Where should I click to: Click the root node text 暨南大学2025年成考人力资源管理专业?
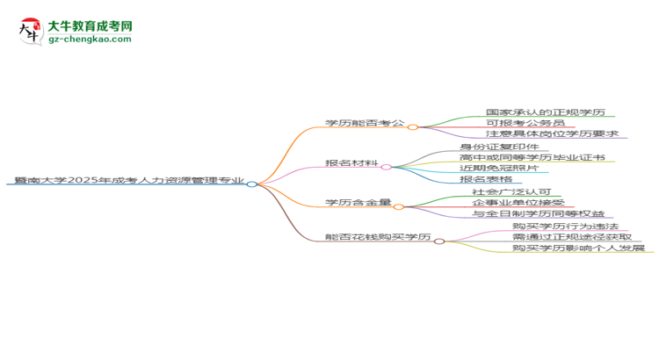pyautogui.click(x=129, y=180)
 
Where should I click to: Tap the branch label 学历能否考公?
pyautogui.click(x=365, y=123)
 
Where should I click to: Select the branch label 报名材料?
pyautogui.click(x=351, y=163)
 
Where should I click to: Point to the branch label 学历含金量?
pyautogui.click(x=358, y=203)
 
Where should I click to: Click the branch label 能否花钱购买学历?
pyautogui.click(x=378, y=237)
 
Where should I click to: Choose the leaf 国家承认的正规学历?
pyautogui.click(x=546, y=112)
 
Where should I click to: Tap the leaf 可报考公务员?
pyautogui.click(x=525, y=123)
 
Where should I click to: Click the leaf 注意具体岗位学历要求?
pyautogui.click(x=553, y=133)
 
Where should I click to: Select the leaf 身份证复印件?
pyautogui.click(x=499, y=147)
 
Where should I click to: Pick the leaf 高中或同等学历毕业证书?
pyautogui.click(x=532, y=157)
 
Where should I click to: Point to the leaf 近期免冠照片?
pyautogui.click(x=499, y=168)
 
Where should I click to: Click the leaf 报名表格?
pyautogui.click(x=486, y=179)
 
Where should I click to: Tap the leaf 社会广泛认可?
pyautogui.click(x=511, y=192)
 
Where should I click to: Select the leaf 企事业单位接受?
pyautogui.click(x=518, y=203)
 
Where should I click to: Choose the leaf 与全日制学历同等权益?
pyautogui.click(x=538, y=213)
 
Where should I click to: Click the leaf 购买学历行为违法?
pyautogui.click(x=565, y=227)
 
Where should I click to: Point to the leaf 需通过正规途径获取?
pyautogui.click(x=572, y=237)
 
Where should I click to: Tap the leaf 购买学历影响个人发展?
pyautogui.click(x=578, y=248)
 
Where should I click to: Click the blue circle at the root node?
pyautogui.click(x=252, y=184)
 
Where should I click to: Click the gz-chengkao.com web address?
pyautogui.click(x=90, y=39)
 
